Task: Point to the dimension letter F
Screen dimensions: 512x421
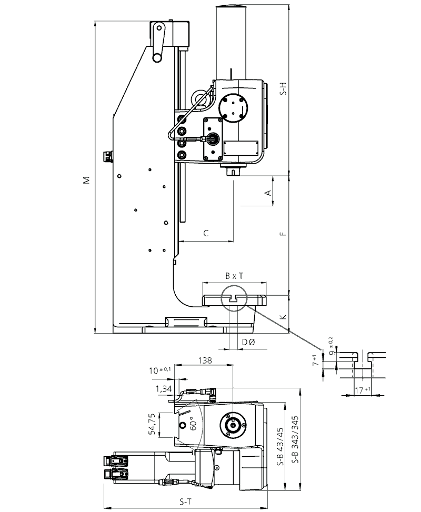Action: (283, 233)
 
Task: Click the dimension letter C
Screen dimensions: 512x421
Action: (206, 233)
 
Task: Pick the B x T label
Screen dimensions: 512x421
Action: (234, 276)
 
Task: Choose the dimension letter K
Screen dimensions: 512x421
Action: (283, 317)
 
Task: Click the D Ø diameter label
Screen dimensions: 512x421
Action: (248, 343)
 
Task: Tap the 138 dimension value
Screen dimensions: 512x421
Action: (206, 360)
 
